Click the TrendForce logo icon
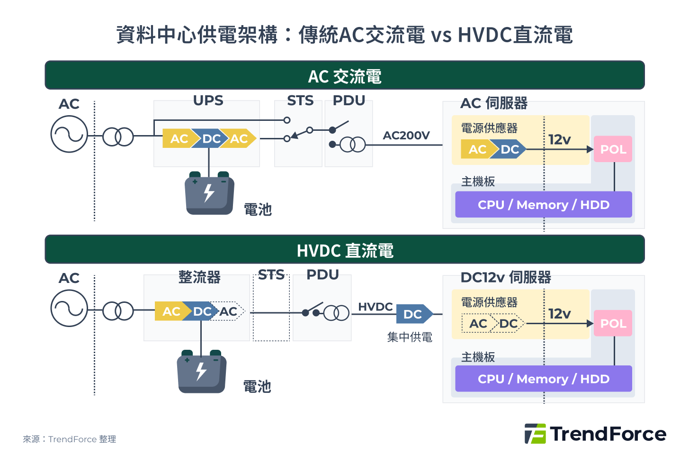535,434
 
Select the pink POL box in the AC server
613,149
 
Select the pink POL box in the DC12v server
613,323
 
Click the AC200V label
406,136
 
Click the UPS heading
208,100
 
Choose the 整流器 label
199,277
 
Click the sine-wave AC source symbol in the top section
69,135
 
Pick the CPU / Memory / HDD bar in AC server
543,205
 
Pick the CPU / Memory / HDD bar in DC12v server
543,379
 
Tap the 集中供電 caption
410,337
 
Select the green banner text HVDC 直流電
345,250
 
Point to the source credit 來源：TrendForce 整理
69,439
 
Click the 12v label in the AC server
559,139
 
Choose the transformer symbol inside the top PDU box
353,145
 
